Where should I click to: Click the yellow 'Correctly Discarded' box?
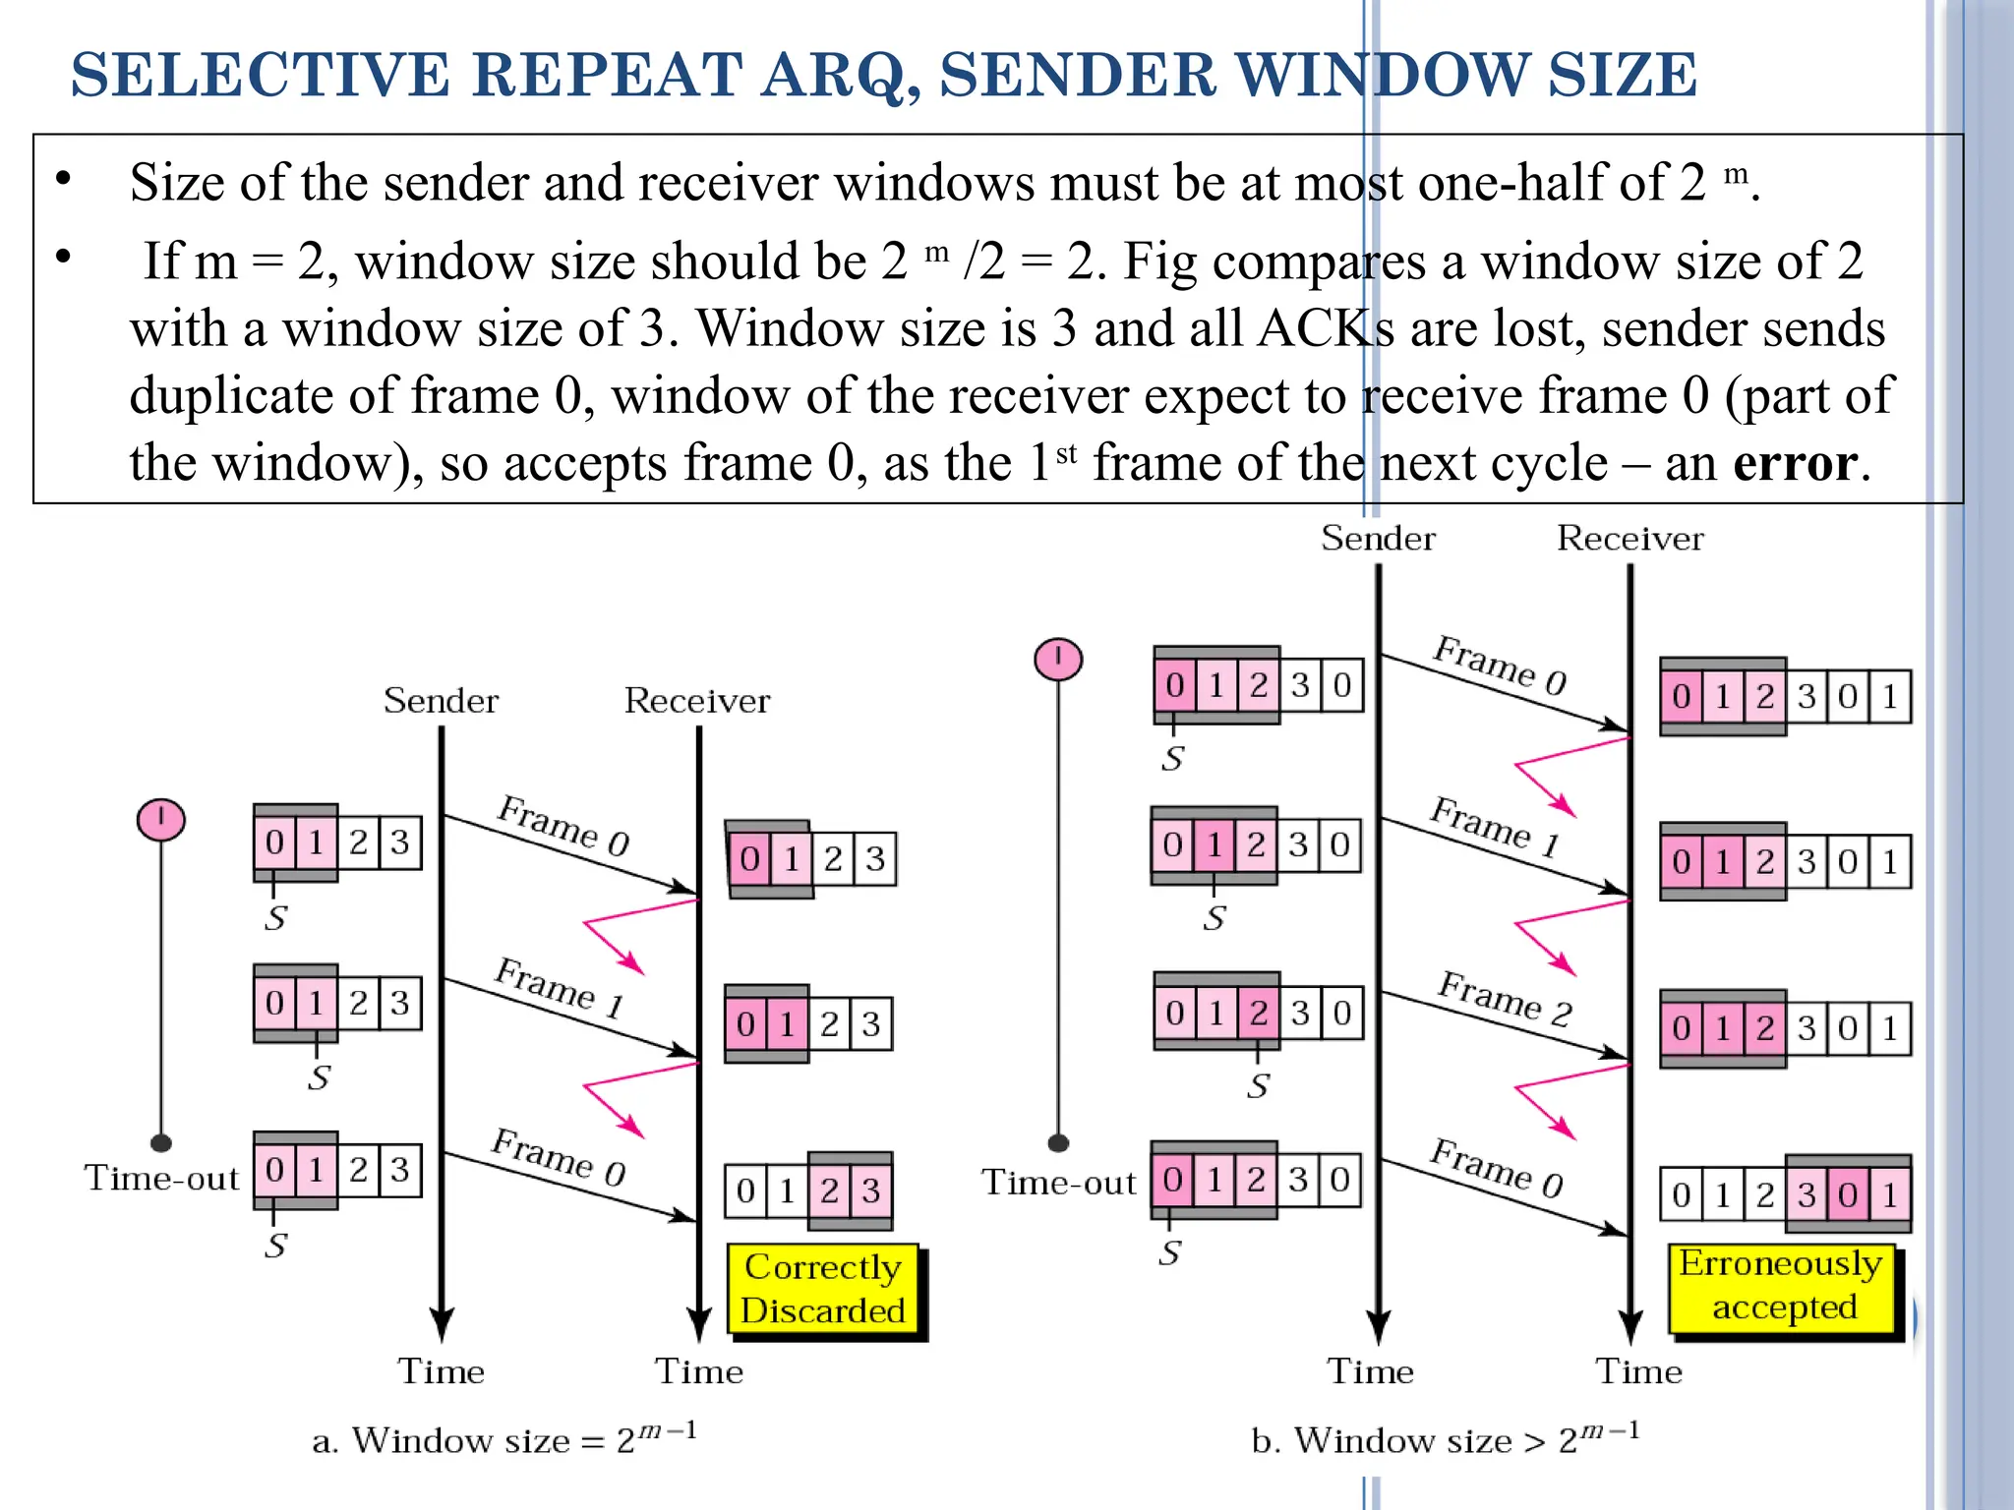tap(823, 1289)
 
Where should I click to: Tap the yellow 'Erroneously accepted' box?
tap(1782, 1285)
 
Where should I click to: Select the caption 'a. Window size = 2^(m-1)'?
tap(504, 1439)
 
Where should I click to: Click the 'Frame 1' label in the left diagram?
tap(559, 987)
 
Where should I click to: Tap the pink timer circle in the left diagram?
tap(161, 820)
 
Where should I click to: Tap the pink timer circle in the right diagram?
tap(1058, 659)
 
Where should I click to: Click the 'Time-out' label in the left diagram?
tap(162, 1178)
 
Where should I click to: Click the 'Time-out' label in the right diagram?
tap(1058, 1182)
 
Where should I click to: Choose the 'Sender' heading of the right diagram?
tap(1378, 539)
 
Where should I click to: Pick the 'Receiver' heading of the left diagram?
tap(697, 701)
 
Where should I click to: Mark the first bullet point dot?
tap(64, 179)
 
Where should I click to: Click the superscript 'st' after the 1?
tap(1066, 454)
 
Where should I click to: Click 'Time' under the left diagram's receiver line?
tap(699, 1371)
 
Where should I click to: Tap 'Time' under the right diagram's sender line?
tap(1370, 1371)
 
